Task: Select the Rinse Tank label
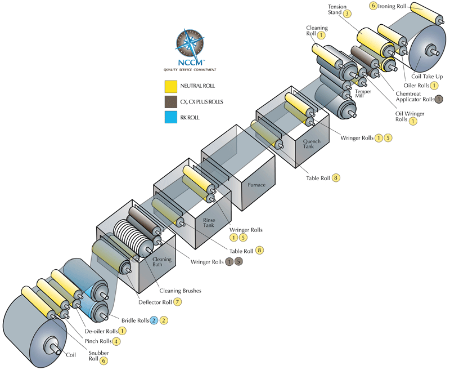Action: point(212,223)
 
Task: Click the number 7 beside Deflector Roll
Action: point(178,302)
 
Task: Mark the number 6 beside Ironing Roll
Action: point(373,6)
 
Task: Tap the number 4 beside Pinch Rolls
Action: point(116,341)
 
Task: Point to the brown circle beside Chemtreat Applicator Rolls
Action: point(439,99)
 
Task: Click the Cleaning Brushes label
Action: point(180,291)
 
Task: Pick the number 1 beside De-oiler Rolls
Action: point(122,331)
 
